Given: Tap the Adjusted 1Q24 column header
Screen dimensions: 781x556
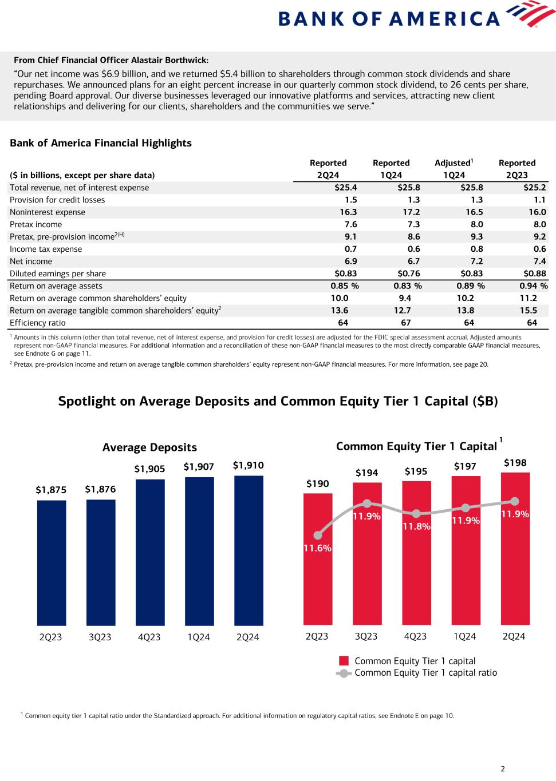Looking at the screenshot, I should [455, 169].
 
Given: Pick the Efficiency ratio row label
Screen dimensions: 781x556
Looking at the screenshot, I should [38, 323].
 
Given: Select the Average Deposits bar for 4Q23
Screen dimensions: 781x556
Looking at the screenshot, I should [150, 552].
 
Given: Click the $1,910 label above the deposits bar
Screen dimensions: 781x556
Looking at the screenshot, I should [249, 466].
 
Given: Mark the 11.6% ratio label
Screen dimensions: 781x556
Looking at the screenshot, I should [318, 548].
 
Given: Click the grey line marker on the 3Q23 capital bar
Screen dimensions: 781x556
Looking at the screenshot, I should [367, 504].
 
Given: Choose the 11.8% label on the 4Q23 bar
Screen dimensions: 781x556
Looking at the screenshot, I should [416, 526].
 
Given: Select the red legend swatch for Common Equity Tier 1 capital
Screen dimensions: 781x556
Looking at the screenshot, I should [344, 661].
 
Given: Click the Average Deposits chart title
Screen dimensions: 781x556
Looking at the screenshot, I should [149, 447].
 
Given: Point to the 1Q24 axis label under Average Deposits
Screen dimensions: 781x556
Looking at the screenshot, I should [199, 637].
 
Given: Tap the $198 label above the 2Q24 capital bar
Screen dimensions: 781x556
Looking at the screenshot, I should [515, 462].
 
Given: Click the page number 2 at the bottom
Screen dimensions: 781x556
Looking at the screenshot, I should [503, 769].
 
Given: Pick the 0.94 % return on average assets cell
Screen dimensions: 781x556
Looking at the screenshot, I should [533, 286].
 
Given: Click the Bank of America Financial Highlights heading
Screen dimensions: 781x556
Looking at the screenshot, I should [101, 143].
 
